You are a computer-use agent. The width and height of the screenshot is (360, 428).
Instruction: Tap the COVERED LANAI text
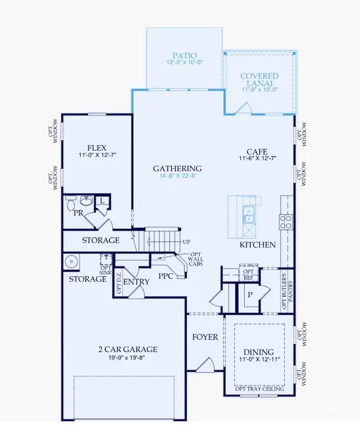click(x=260, y=80)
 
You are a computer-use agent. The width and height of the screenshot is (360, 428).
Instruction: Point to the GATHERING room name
click(x=177, y=169)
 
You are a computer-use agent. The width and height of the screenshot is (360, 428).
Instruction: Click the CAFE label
click(x=257, y=152)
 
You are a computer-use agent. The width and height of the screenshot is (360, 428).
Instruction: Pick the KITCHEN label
click(x=257, y=245)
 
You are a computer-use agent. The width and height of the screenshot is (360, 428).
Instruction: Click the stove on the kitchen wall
click(x=286, y=221)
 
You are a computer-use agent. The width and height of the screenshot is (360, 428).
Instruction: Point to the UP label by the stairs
click(x=186, y=242)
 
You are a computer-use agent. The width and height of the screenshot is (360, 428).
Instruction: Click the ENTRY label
click(x=136, y=282)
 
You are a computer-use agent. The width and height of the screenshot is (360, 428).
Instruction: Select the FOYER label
click(x=205, y=337)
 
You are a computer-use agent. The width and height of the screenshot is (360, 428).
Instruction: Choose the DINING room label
click(x=258, y=352)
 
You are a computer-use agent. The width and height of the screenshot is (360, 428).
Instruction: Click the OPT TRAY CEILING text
click(x=259, y=389)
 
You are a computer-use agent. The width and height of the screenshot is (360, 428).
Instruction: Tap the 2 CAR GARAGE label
click(x=127, y=349)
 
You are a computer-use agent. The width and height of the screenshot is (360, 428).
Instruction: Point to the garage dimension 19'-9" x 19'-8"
click(x=127, y=358)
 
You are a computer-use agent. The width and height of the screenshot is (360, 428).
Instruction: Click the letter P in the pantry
click(x=250, y=294)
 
